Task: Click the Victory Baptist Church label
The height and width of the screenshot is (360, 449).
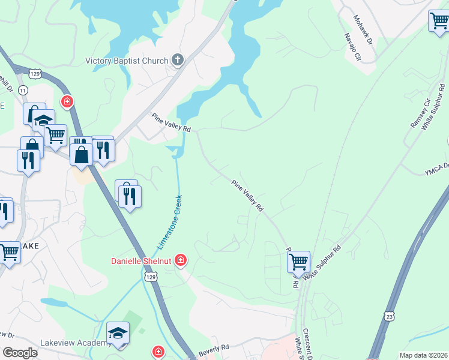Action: coord(128,60)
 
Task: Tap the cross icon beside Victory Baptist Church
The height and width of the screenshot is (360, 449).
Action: coord(177,59)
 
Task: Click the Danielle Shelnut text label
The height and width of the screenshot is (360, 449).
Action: coord(142,261)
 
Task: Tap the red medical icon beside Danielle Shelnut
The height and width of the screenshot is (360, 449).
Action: coord(180,260)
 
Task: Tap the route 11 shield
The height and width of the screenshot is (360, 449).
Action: coord(23,89)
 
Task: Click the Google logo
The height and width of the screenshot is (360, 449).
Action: coord(20,352)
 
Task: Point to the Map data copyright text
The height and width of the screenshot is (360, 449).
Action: coord(423,355)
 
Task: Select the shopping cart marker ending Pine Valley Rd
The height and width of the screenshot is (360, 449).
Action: coord(298,262)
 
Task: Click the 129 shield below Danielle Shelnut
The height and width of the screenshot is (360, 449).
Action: coord(151,276)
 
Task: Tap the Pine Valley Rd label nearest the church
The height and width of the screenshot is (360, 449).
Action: coord(171,122)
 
